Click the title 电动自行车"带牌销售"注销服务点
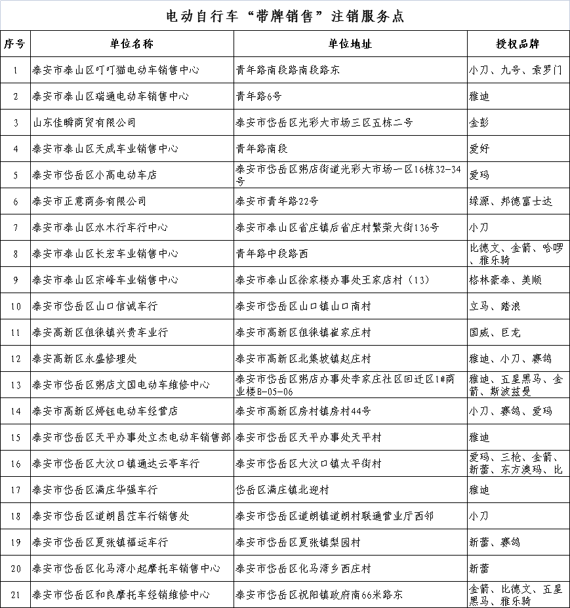(285, 16)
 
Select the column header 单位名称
(132, 44)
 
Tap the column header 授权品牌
(518, 44)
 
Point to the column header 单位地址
(350, 44)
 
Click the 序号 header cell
(15, 44)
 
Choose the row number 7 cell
(15, 228)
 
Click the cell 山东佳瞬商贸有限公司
(85, 123)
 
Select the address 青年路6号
(259, 96)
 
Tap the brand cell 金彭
(479, 123)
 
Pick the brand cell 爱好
(479, 149)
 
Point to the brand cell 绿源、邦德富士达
(511, 201)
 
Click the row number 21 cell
(15, 595)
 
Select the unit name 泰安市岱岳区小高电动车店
(95, 175)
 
